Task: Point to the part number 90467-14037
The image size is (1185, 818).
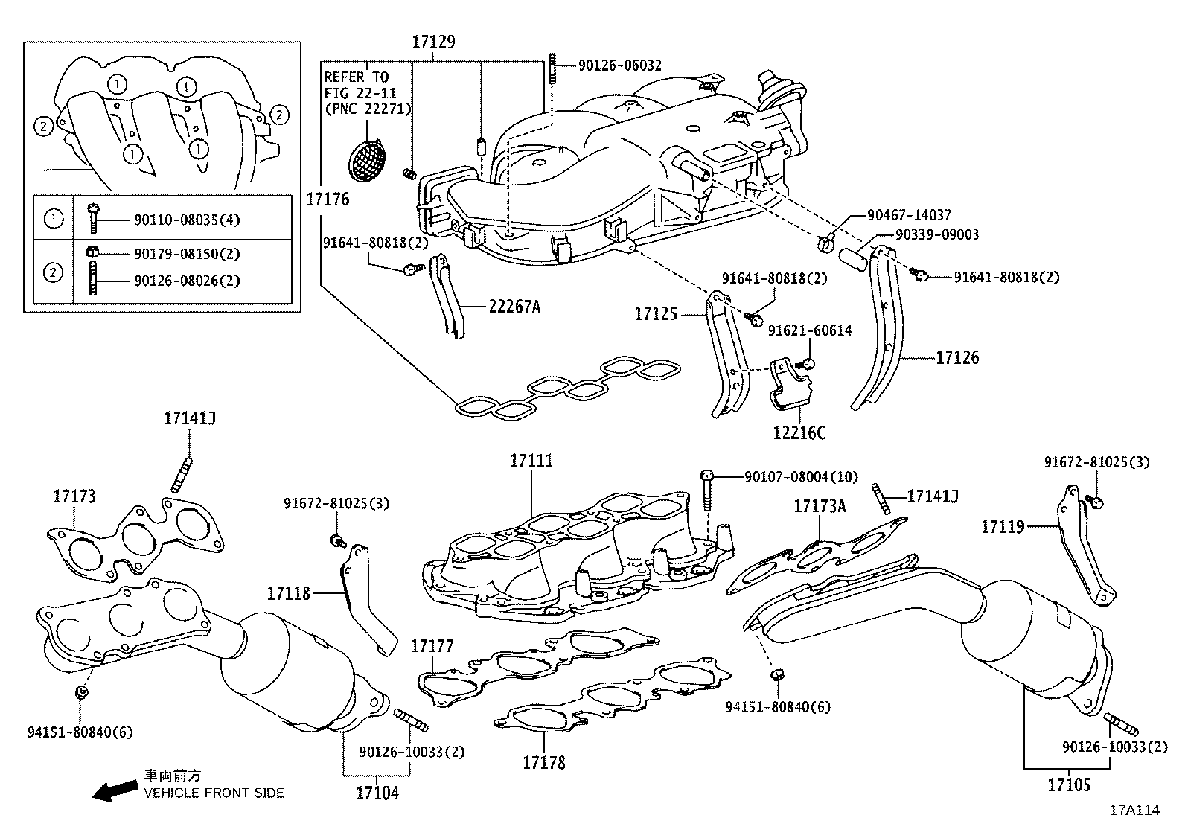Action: point(909,216)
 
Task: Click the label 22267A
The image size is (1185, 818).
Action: point(514,306)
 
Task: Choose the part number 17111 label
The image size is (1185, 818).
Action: point(531,461)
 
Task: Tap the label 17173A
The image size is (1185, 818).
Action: point(820,507)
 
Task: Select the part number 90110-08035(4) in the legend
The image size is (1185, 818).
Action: point(187,220)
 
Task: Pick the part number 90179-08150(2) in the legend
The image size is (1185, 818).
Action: point(187,254)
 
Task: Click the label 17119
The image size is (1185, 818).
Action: point(1003,527)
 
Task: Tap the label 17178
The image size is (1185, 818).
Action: point(543,763)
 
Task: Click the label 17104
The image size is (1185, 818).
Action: point(377,793)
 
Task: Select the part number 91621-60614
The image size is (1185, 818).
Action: point(809,330)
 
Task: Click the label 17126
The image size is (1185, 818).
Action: point(957,358)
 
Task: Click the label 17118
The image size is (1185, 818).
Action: point(288,593)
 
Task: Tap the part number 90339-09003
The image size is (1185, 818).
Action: point(936,235)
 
